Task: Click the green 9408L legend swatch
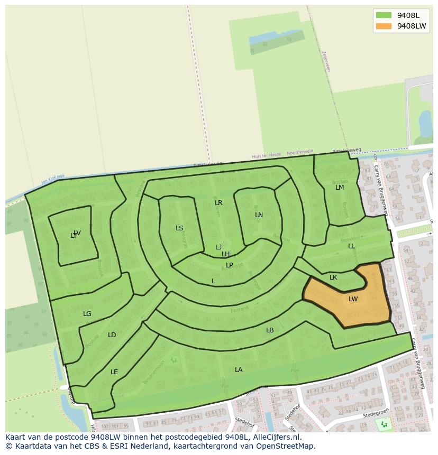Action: point(384,15)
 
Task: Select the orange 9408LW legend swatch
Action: point(384,26)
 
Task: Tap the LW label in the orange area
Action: point(353,299)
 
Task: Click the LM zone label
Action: point(340,188)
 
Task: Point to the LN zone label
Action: point(259,215)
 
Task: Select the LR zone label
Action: point(218,203)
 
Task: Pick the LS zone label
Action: point(179,228)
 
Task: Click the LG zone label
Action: point(87,314)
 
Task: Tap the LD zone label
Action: point(112,335)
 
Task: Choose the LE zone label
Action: point(114,372)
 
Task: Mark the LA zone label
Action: point(239,370)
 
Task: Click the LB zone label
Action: point(270,330)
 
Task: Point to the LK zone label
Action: point(333,277)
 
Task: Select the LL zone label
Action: point(351,246)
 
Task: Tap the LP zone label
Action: point(230,265)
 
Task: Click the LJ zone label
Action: point(218,247)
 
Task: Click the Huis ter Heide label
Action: point(266,155)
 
